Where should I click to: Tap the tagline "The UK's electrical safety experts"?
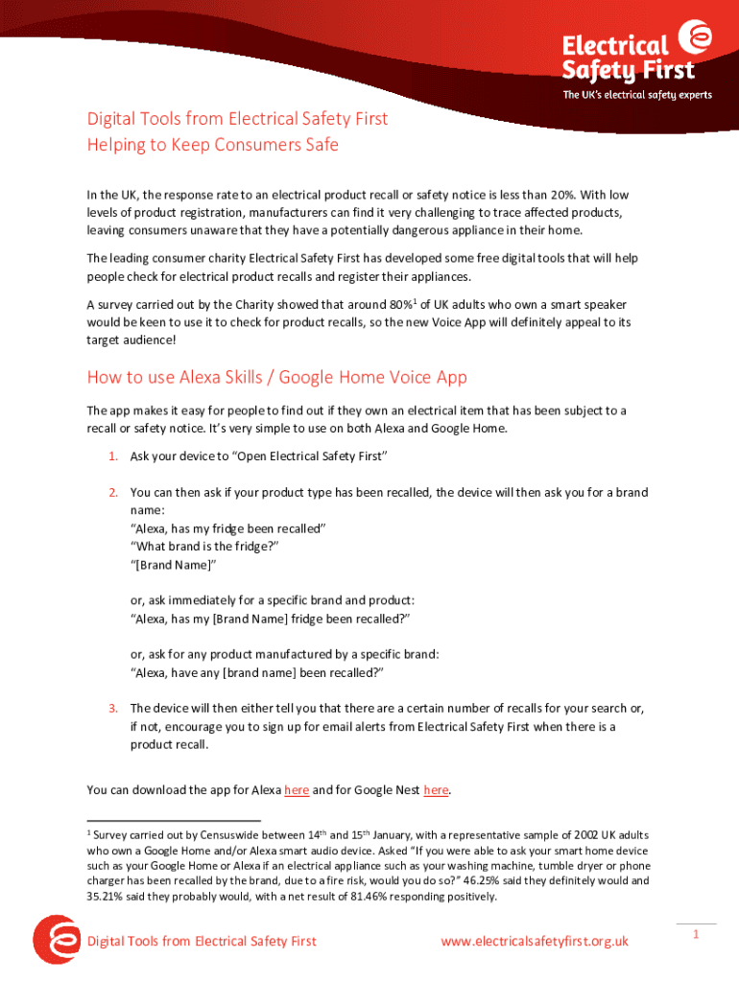(x=637, y=95)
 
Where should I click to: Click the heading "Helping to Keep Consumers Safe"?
(x=212, y=145)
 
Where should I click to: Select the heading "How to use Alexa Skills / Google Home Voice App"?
(x=276, y=377)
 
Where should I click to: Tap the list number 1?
(x=112, y=456)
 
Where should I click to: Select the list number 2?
(x=112, y=493)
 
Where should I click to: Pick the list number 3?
(x=112, y=709)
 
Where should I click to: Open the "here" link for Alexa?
(x=297, y=790)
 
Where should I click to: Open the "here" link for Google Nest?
(x=436, y=790)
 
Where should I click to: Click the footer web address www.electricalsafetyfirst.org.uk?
(x=535, y=942)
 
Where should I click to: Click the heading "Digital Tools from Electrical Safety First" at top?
(x=238, y=119)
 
